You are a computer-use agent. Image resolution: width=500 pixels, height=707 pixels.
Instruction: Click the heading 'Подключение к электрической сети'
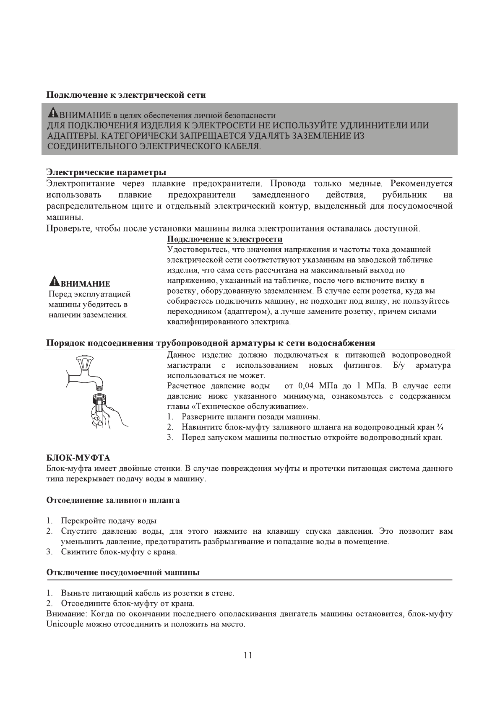tap(126, 95)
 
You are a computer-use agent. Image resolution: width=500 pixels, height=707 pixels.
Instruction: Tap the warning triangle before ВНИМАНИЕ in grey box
tap(53, 113)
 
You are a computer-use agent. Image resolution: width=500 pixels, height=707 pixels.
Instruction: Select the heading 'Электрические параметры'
tap(106, 172)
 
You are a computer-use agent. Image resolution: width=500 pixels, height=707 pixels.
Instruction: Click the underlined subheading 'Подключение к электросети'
tap(224, 239)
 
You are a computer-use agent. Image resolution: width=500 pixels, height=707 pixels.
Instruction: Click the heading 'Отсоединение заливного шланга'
tap(113, 500)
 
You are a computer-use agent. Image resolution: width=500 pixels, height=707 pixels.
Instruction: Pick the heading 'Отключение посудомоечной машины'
tap(122, 572)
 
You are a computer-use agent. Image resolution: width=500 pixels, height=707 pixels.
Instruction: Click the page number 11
tap(247, 655)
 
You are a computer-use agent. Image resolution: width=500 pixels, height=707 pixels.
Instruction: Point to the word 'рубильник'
tap(404, 195)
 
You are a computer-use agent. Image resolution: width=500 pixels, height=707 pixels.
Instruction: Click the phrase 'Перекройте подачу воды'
tap(109, 521)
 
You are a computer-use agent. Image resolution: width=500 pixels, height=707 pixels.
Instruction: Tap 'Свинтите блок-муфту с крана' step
tap(119, 552)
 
